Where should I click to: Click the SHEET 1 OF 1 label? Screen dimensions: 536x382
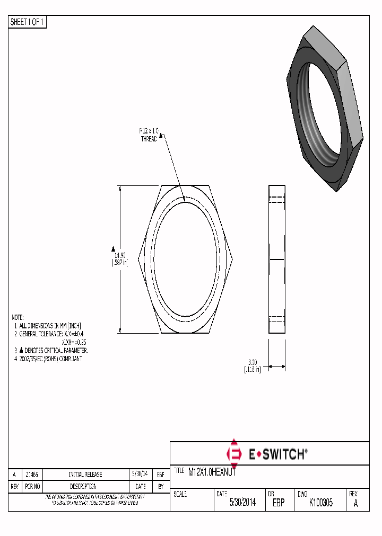click(28, 22)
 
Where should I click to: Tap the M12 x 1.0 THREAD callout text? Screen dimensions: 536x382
click(149, 135)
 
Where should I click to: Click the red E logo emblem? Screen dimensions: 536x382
click(233, 453)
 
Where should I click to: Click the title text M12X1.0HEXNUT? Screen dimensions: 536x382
click(212, 472)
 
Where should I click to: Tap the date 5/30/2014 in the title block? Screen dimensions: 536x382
click(242, 503)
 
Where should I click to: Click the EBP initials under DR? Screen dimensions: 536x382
click(279, 503)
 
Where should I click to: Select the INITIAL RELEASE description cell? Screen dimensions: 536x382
click(85, 475)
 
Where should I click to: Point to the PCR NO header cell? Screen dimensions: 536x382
click(33, 486)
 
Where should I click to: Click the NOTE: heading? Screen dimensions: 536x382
click(18, 317)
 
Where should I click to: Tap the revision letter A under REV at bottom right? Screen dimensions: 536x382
click(355, 503)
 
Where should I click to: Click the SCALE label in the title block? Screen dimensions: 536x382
click(180, 494)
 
